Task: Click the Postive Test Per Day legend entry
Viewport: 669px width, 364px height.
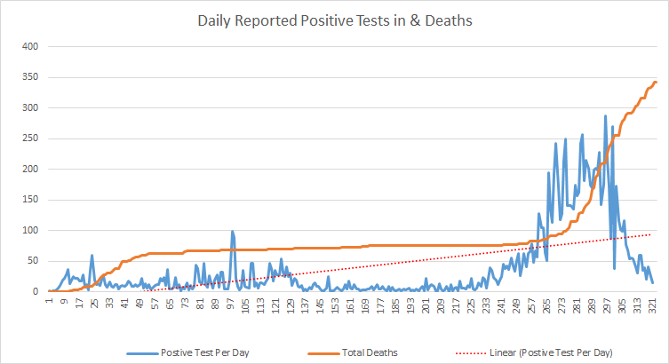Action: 204,352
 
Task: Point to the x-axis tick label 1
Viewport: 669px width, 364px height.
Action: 49,302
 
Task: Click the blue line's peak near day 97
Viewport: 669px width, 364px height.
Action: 232,232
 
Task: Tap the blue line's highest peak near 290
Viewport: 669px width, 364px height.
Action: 605,115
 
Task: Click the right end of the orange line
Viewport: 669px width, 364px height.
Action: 655,83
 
